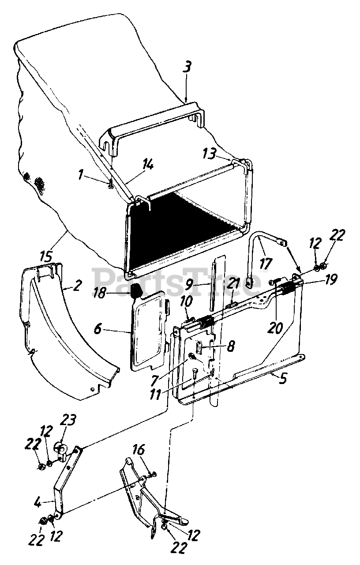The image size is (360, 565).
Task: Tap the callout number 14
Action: point(148,166)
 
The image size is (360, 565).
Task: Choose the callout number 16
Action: point(138,452)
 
